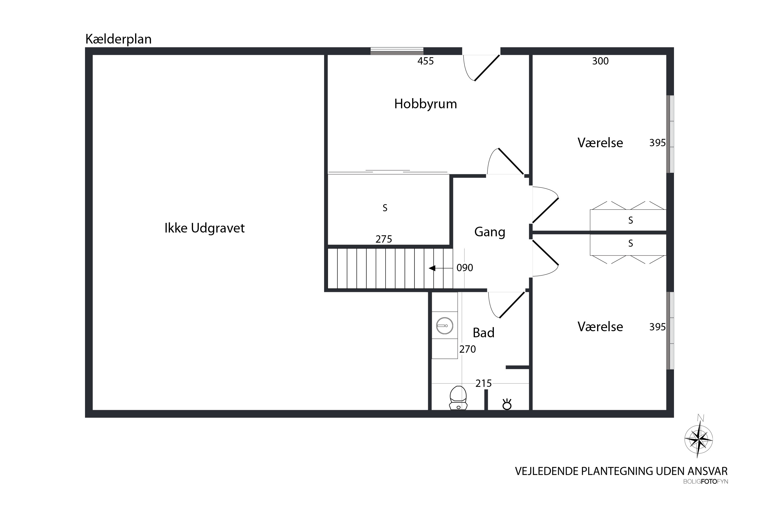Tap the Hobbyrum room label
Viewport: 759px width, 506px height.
coord(425,104)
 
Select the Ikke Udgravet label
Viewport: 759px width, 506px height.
coord(205,228)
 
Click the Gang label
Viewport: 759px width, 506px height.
coord(490,232)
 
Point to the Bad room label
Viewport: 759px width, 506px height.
coord(483,333)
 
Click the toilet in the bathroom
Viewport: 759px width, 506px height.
coord(458,398)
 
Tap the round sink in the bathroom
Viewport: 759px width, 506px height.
coord(445,326)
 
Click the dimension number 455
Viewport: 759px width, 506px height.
coord(426,61)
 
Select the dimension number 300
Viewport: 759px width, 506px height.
coord(600,61)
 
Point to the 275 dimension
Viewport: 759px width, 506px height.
coord(384,239)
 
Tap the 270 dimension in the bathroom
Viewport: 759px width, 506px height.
coord(468,349)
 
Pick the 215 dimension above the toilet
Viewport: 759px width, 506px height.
coord(483,383)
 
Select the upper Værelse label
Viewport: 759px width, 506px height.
coord(600,143)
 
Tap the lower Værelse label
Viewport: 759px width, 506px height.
coord(600,327)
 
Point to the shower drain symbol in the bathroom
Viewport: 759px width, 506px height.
coord(507,404)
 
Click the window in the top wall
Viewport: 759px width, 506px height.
coord(397,51)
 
